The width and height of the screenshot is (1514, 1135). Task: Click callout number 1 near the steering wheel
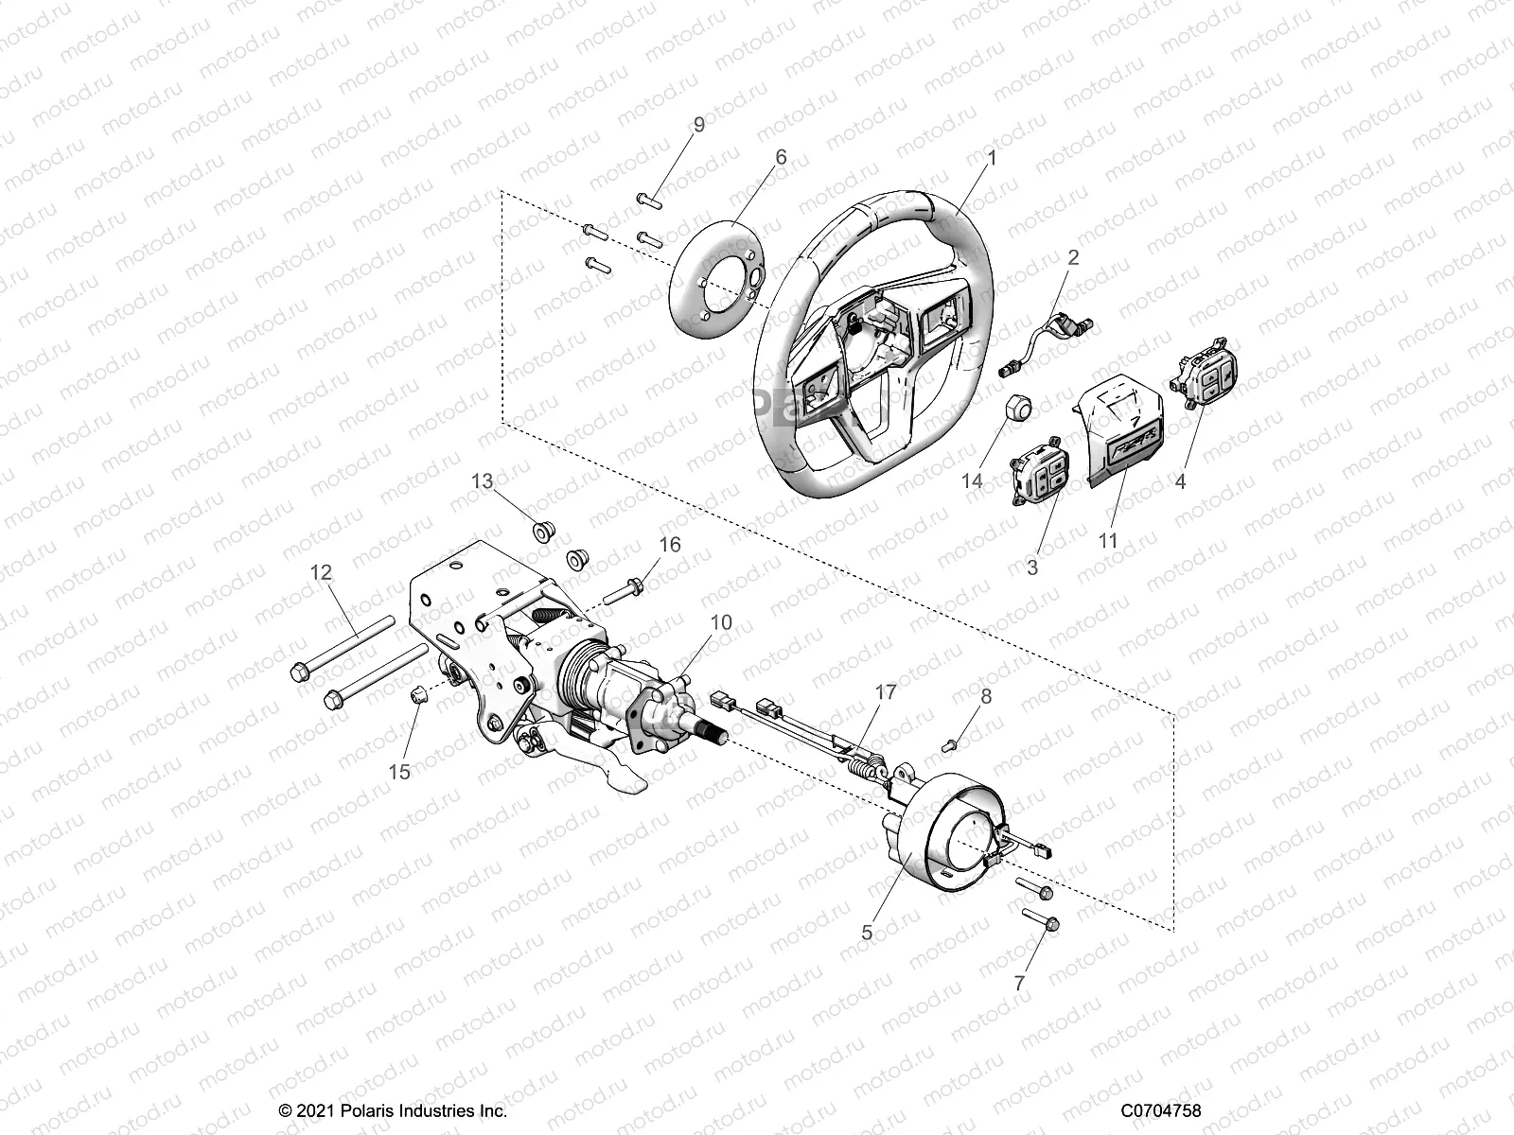(x=992, y=159)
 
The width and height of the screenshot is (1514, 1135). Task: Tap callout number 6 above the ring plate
(x=781, y=157)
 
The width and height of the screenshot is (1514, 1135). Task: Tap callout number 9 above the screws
(x=699, y=125)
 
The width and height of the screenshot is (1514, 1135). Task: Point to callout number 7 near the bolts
(x=1019, y=984)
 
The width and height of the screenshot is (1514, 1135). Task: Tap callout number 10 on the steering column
(x=721, y=622)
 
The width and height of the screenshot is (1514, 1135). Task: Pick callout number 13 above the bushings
(x=483, y=480)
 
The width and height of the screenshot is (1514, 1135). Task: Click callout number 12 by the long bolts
(x=322, y=571)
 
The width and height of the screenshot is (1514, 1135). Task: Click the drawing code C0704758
(x=1161, y=1110)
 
